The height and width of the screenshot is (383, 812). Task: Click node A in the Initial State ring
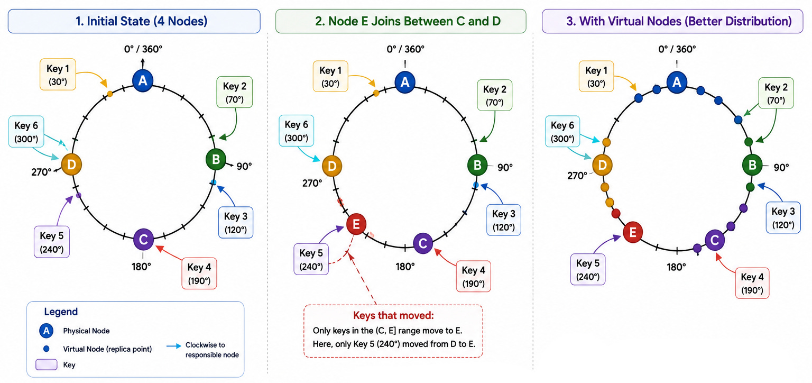(x=143, y=80)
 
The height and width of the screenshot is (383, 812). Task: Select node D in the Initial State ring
(x=71, y=165)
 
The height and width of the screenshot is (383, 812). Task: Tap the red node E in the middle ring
(x=356, y=224)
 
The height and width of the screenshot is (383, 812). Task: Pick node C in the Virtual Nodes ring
(x=715, y=240)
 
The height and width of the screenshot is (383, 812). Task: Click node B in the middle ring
(x=477, y=165)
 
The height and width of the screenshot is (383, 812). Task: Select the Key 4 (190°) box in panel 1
(x=199, y=273)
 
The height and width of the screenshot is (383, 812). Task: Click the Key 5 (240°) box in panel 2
(x=311, y=259)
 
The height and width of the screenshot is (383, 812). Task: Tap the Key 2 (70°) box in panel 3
(x=776, y=93)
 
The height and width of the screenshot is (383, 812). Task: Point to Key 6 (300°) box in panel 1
(x=26, y=131)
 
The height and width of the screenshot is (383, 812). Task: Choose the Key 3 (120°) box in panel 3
(x=783, y=217)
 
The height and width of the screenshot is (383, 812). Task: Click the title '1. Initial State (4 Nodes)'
(x=141, y=21)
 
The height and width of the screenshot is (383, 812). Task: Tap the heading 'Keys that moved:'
(x=393, y=315)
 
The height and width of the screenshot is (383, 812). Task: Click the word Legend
(x=61, y=312)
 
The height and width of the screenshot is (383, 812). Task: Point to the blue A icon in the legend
(x=46, y=331)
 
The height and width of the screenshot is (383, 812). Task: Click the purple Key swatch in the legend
(x=47, y=364)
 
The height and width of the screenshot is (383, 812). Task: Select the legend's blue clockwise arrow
(x=173, y=345)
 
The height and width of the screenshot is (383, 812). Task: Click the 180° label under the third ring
(x=677, y=267)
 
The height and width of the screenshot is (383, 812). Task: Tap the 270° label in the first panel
(x=41, y=172)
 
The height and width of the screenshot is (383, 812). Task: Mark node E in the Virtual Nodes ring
(x=633, y=232)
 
